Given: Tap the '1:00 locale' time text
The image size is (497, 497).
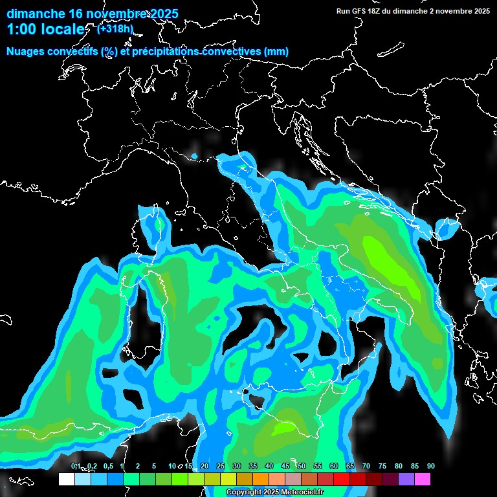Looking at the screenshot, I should coord(45,29).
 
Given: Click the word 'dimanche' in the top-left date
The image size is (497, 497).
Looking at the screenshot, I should coord(36,14).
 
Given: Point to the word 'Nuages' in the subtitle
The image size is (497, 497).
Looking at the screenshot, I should coord(27,51).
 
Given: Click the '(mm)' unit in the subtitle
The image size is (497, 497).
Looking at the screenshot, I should coord(276,51).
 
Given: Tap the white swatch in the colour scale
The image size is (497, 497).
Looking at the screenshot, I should coord(67,480).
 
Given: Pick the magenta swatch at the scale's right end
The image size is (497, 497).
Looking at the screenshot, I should coord(423,480).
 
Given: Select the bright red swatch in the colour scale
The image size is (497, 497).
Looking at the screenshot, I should coord(342,480).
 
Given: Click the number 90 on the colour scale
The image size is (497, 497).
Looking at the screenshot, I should coord(430,466).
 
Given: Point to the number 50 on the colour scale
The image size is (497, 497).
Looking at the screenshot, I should coord(302,466).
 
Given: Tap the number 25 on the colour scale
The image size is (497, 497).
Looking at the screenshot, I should coord(221,466).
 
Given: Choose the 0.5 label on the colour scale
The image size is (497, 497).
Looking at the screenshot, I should coord(107,466).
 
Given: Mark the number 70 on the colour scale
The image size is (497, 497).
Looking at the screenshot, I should coord(366,466).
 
